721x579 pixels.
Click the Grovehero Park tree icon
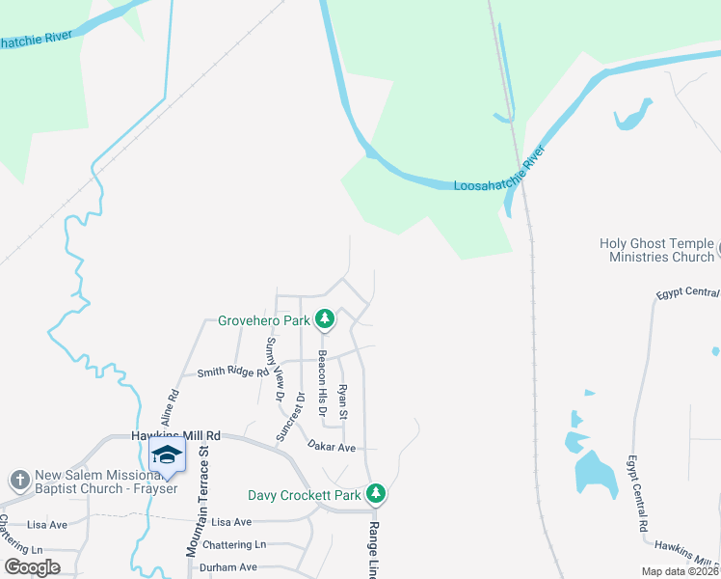tap(326, 318)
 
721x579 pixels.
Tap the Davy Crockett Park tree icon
tap(376, 494)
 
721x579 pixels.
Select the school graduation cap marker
tap(168, 455)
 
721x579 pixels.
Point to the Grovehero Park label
tap(263, 319)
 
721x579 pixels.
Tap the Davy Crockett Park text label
tap(304, 495)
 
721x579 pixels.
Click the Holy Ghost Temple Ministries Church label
tap(656, 251)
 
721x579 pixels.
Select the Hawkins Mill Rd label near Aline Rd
tap(175, 436)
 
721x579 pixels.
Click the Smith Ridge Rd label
tap(232, 372)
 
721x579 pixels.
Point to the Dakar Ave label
tap(333, 447)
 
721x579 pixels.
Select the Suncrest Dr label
tap(289, 416)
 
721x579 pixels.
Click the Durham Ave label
tap(228, 567)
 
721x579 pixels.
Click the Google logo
tap(32, 567)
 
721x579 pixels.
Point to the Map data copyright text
tap(679, 571)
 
